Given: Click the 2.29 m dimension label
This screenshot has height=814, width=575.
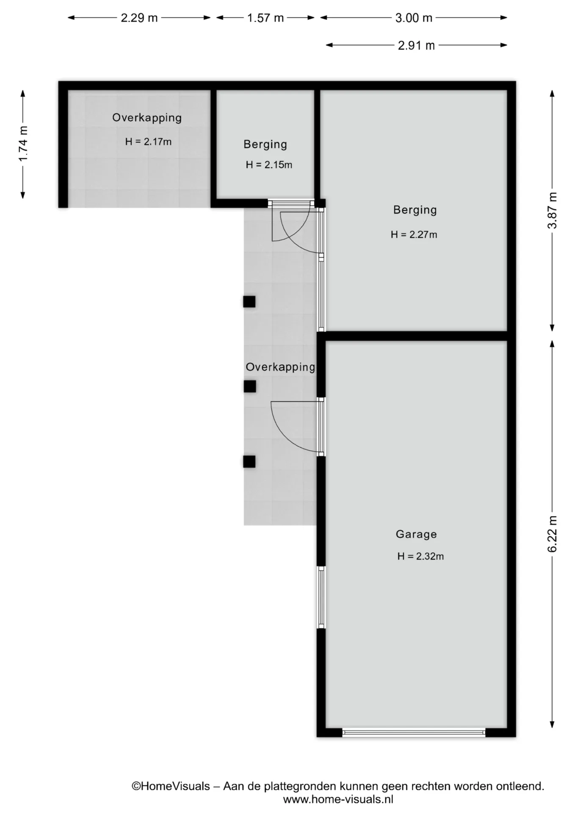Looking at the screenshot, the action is coord(139,18).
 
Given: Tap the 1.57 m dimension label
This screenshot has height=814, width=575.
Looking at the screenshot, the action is coord(265,18).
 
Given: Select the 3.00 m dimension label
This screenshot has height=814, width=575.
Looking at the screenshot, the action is coord(414,18).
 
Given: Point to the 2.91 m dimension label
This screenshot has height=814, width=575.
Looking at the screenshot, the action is coord(416,45).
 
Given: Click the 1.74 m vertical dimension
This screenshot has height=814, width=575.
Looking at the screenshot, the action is coord(23,144).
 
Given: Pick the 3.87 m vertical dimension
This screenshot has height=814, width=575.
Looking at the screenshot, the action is coord(552,210).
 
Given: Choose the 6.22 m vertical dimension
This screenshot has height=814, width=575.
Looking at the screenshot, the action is coord(552,534).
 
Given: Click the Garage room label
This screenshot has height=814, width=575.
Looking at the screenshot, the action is coord(416,534).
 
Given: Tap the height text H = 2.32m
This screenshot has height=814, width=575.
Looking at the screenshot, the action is coord(420,556).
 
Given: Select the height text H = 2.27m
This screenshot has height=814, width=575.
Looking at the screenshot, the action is coord(414,234).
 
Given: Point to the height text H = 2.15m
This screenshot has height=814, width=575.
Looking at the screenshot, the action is coord(269,165).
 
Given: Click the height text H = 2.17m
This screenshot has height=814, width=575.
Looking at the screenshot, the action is coord(148,142).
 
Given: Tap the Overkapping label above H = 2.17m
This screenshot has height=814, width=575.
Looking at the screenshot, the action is coord(147,118).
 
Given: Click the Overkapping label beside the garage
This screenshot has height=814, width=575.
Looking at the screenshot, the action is coord(280,367).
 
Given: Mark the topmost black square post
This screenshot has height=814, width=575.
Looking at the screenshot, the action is coord(249,301).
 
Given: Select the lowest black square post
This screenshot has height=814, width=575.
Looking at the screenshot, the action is coord(249,461).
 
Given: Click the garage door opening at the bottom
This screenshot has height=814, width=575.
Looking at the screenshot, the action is coord(414,732).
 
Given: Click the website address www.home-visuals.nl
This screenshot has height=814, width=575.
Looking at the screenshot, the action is coord(338,800).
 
